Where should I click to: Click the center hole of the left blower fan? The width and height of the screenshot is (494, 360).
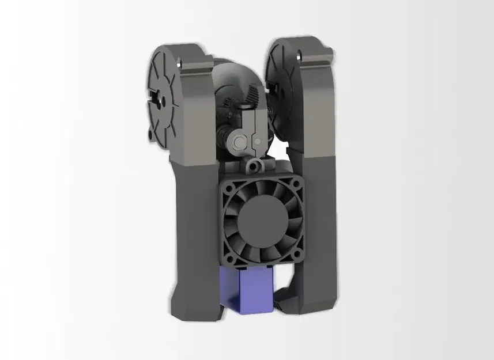coord(163,100)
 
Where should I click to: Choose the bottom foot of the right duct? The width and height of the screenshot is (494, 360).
coord(314,304)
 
